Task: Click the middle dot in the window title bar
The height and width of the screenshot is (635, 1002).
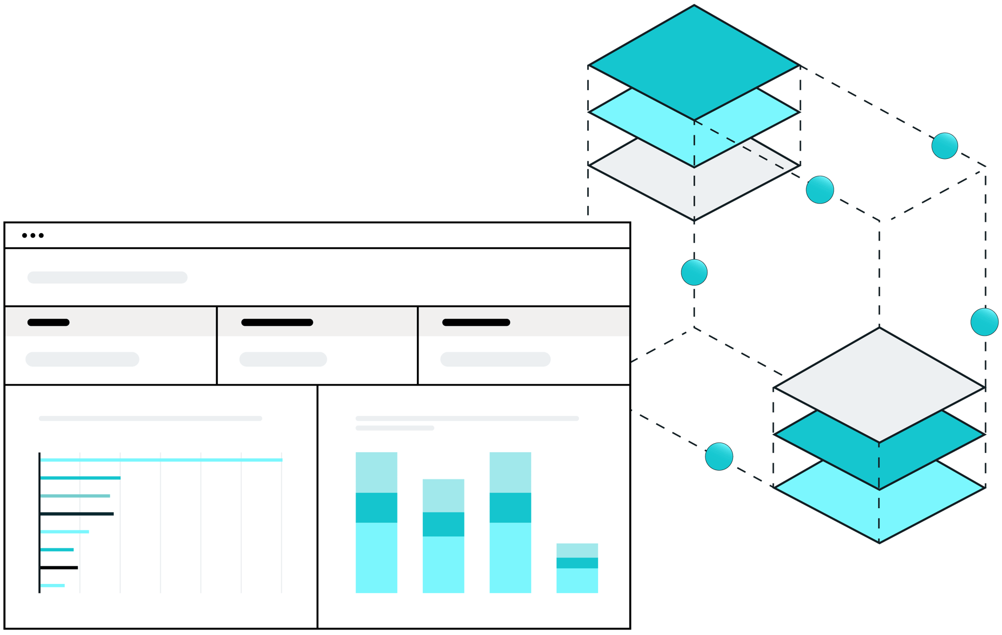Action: click(x=33, y=236)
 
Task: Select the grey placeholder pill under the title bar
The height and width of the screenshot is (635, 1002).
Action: click(x=107, y=278)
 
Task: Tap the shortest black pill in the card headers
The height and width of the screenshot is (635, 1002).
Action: click(x=48, y=322)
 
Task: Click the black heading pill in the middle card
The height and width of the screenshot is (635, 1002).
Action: click(x=277, y=322)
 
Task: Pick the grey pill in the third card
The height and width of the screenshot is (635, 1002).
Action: click(x=495, y=359)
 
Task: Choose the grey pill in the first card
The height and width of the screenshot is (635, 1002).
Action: click(x=82, y=359)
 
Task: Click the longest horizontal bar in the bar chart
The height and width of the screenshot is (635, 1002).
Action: click(x=161, y=460)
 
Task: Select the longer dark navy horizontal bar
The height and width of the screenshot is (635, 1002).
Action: click(x=77, y=514)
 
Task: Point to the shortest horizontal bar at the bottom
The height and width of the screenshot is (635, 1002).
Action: click(x=52, y=585)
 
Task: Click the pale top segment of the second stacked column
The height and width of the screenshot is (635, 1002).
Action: click(x=443, y=495)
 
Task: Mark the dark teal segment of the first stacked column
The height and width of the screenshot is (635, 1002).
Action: click(x=376, y=507)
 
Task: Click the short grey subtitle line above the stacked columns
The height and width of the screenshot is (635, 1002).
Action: click(x=395, y=428)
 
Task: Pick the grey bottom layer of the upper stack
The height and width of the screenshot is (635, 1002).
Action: click(x=694, y=193)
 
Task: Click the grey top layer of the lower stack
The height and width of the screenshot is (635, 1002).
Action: click(x=879, y=383)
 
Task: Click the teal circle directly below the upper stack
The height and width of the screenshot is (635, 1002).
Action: click(x=694, y=273)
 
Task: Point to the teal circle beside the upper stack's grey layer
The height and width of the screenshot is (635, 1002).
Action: click(x=820, y=190)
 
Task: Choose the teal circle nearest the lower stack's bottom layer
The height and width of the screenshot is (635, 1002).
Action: click(x=719, y=457)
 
